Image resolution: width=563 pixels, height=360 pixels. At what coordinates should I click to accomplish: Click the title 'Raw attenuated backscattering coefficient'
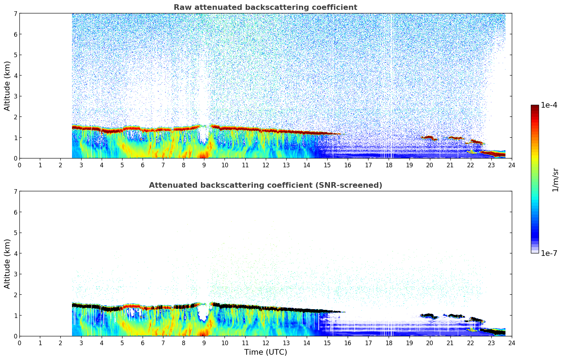265,7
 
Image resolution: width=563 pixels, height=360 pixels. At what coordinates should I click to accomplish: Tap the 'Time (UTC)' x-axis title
265,352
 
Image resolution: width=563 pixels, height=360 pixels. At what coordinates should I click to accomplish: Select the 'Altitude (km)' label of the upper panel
7,86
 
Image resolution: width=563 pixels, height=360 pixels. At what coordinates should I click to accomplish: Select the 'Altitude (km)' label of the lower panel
7,264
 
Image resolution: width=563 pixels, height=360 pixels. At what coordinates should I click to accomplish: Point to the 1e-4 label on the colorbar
549,105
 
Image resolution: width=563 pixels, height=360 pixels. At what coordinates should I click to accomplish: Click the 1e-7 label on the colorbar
549,253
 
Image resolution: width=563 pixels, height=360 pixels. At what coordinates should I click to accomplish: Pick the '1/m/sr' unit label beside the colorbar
555,180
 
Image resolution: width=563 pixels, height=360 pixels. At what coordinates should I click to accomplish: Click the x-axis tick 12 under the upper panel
265,165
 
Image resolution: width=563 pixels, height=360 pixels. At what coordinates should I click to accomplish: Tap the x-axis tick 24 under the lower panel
511,343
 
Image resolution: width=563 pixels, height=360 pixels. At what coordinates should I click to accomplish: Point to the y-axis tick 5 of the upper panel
15,55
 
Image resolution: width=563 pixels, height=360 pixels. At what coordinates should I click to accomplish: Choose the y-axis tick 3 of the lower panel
15,274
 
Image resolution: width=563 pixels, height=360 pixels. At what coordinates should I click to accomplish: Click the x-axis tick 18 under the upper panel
389,165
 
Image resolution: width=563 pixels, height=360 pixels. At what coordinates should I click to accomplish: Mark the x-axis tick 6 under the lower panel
143,343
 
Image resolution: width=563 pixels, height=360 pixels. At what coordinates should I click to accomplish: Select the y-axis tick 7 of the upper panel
15,13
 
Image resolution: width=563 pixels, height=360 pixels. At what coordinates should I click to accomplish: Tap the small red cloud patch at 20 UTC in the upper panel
429,137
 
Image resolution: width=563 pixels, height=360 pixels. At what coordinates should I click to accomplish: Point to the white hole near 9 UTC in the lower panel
203,312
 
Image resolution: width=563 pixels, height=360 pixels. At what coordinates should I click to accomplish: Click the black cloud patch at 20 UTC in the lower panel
429,315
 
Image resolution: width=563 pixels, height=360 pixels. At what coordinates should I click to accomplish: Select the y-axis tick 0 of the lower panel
15,336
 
